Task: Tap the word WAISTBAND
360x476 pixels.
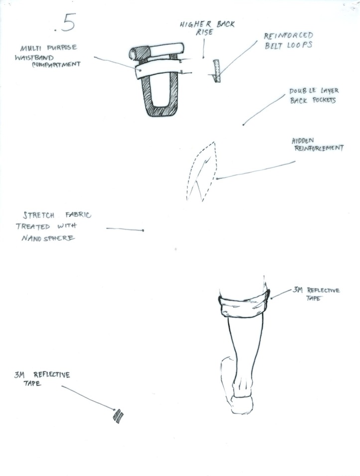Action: tap(34, 57)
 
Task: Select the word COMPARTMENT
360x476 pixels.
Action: tap(56, 65)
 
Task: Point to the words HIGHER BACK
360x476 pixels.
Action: tap(207, 24)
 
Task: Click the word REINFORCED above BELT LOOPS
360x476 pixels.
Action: tap(288, 36)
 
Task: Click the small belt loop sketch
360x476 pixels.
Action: tap(216, 71)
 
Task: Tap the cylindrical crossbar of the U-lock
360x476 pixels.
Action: tap(157, 51)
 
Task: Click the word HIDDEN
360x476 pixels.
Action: tap(303, 141)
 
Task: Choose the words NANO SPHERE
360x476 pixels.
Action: tap(48, 238)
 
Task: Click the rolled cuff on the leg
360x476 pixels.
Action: tap(244, 304)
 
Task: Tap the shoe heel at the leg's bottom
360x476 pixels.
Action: tap(242, 405)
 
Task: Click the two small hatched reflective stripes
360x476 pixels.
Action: tap(118, 416)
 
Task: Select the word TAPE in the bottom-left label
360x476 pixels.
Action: tap(32, 383)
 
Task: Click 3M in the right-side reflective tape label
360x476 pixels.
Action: tap(298, 290)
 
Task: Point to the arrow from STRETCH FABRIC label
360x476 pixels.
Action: tap(125, 229)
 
